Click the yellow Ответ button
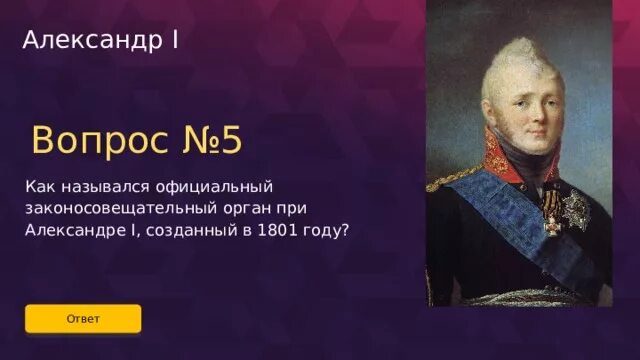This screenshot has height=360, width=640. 83,318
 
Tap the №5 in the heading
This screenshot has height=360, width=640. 210,141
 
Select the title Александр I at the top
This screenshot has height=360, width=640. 100,41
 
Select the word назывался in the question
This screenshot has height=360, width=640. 98,186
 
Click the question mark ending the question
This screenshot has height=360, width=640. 344,229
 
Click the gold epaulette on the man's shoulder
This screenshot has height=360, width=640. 446,181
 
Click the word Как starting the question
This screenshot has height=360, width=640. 40,186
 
